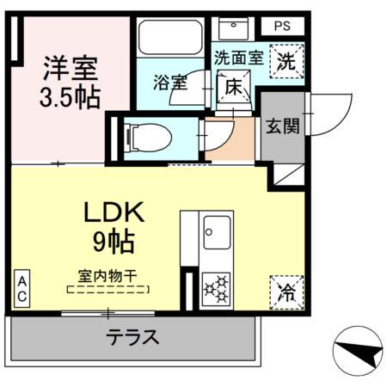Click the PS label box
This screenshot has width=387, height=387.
click(282, 26)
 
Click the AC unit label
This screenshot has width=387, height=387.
click(21, 288)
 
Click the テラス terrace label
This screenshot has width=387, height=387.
click(132, 337)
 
